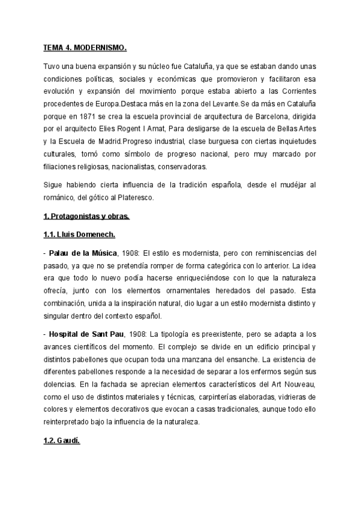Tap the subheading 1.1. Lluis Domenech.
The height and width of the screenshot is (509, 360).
80,235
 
